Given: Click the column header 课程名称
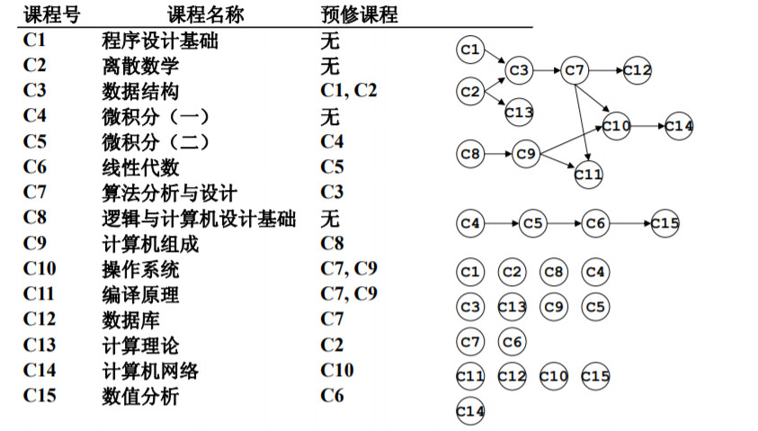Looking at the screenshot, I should (x=206, y=15).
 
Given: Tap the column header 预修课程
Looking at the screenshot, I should (x=359, y=15).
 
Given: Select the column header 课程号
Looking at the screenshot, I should (x=53, y=15).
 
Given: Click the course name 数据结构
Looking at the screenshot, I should (x=140, y=91).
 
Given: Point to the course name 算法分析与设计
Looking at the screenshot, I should (x=170, y=193).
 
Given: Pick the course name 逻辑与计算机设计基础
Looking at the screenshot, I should (x=199, y=219).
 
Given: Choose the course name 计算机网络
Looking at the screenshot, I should (x=150, y=370).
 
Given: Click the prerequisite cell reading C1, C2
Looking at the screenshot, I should (x=349, y=91).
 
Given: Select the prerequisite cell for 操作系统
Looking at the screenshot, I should (x=349, y=269).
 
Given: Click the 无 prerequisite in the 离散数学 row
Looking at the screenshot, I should (x=330, y=66).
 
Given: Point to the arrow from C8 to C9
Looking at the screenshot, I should (x=498, y=155).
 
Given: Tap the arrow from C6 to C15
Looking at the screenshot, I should (x=629, y=222).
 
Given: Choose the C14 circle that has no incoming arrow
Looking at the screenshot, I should (x=470, y=411).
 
